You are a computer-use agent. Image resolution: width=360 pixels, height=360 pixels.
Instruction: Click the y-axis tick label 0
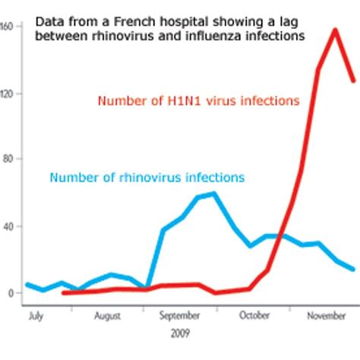pos(10,293)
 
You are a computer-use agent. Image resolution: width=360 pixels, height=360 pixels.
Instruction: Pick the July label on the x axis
pos(34,314)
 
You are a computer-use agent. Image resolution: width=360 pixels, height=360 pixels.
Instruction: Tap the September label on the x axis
pos(182,314)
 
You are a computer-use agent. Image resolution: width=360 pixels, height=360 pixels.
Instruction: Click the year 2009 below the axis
pos(180,333)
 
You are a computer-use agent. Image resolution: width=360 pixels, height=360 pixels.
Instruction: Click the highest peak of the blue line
pos(214,193)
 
